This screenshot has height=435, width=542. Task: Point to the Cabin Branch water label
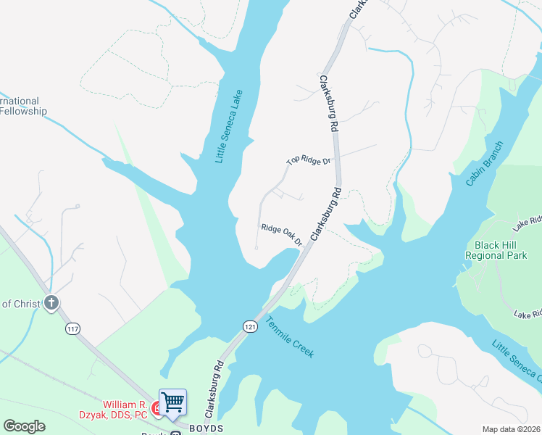[480, 162]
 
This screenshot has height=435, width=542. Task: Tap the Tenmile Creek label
[289, 337]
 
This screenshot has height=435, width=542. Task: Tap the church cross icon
[51, 303]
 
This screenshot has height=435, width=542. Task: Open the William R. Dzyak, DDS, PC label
[125, 410]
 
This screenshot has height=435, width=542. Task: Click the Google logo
[24, 426]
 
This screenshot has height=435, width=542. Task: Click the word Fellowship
[23, 112]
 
